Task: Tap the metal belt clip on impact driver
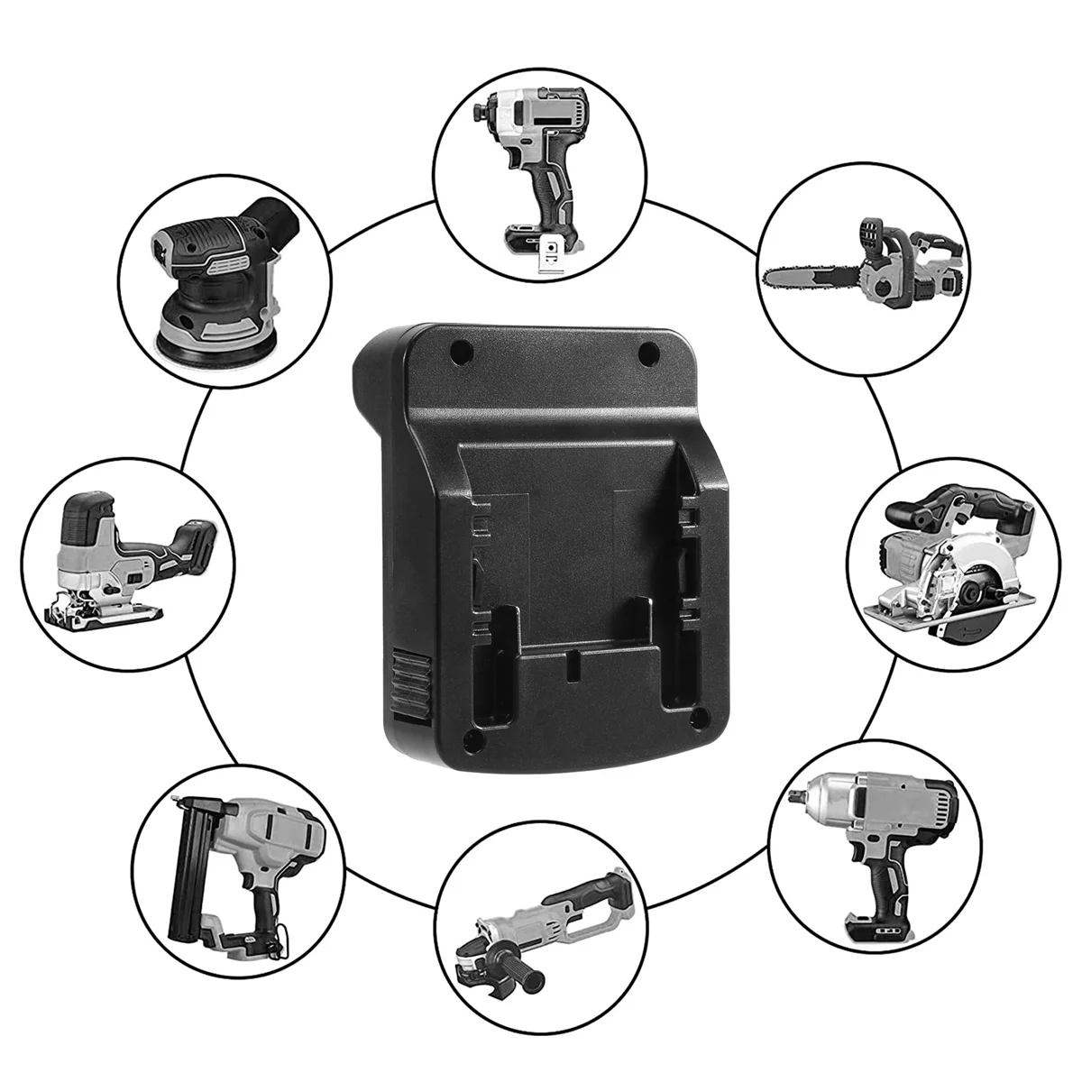pos(548,258)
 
